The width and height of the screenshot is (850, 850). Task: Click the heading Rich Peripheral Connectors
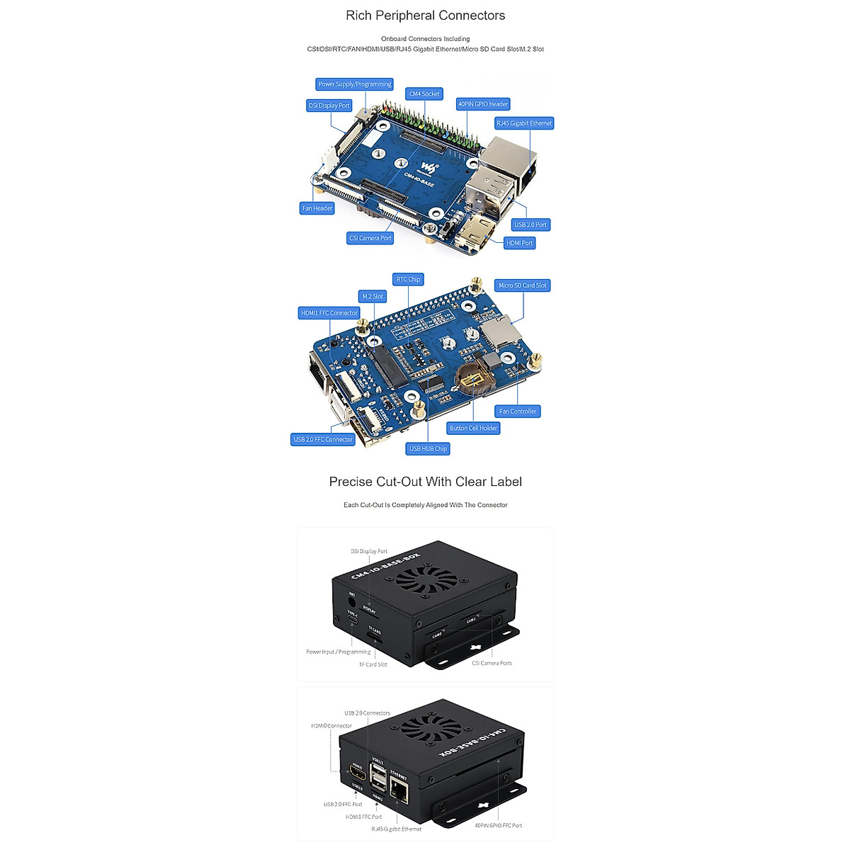click(x=425, y=16)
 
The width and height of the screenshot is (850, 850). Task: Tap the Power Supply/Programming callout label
click(x=354, y=84)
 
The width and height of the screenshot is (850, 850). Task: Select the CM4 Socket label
click(x=424, y=93)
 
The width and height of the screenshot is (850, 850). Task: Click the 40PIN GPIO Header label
click(x=482, y=104)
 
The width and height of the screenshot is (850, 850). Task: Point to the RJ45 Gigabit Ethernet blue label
click(x=524, y=123)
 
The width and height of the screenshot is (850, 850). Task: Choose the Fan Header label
click(x=317, y=208)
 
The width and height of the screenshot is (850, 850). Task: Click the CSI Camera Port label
click(x=370, y=238)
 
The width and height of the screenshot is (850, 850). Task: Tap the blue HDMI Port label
click(x=519, y=243)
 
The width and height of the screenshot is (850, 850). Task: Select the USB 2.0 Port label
click(x=530, y=225)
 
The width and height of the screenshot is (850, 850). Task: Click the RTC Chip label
click(x=408, y=279)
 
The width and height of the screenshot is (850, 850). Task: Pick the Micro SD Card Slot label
click(x=522, y=285)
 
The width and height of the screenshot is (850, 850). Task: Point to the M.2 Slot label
click(x=372, y=296)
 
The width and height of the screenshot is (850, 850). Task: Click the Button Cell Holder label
click(x=473, y=428)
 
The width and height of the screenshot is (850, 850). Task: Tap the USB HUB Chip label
click(x=428, y=448)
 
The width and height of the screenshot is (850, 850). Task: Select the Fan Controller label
click(x=518, y=411)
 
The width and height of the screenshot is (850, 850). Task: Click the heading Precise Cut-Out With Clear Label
click(x=425, y=482)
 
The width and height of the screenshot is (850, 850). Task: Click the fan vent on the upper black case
click(x=426, y=581)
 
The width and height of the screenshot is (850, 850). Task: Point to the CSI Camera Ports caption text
click(x=492, y=663)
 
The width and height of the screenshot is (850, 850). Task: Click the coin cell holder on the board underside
click(x=473, y=381)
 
